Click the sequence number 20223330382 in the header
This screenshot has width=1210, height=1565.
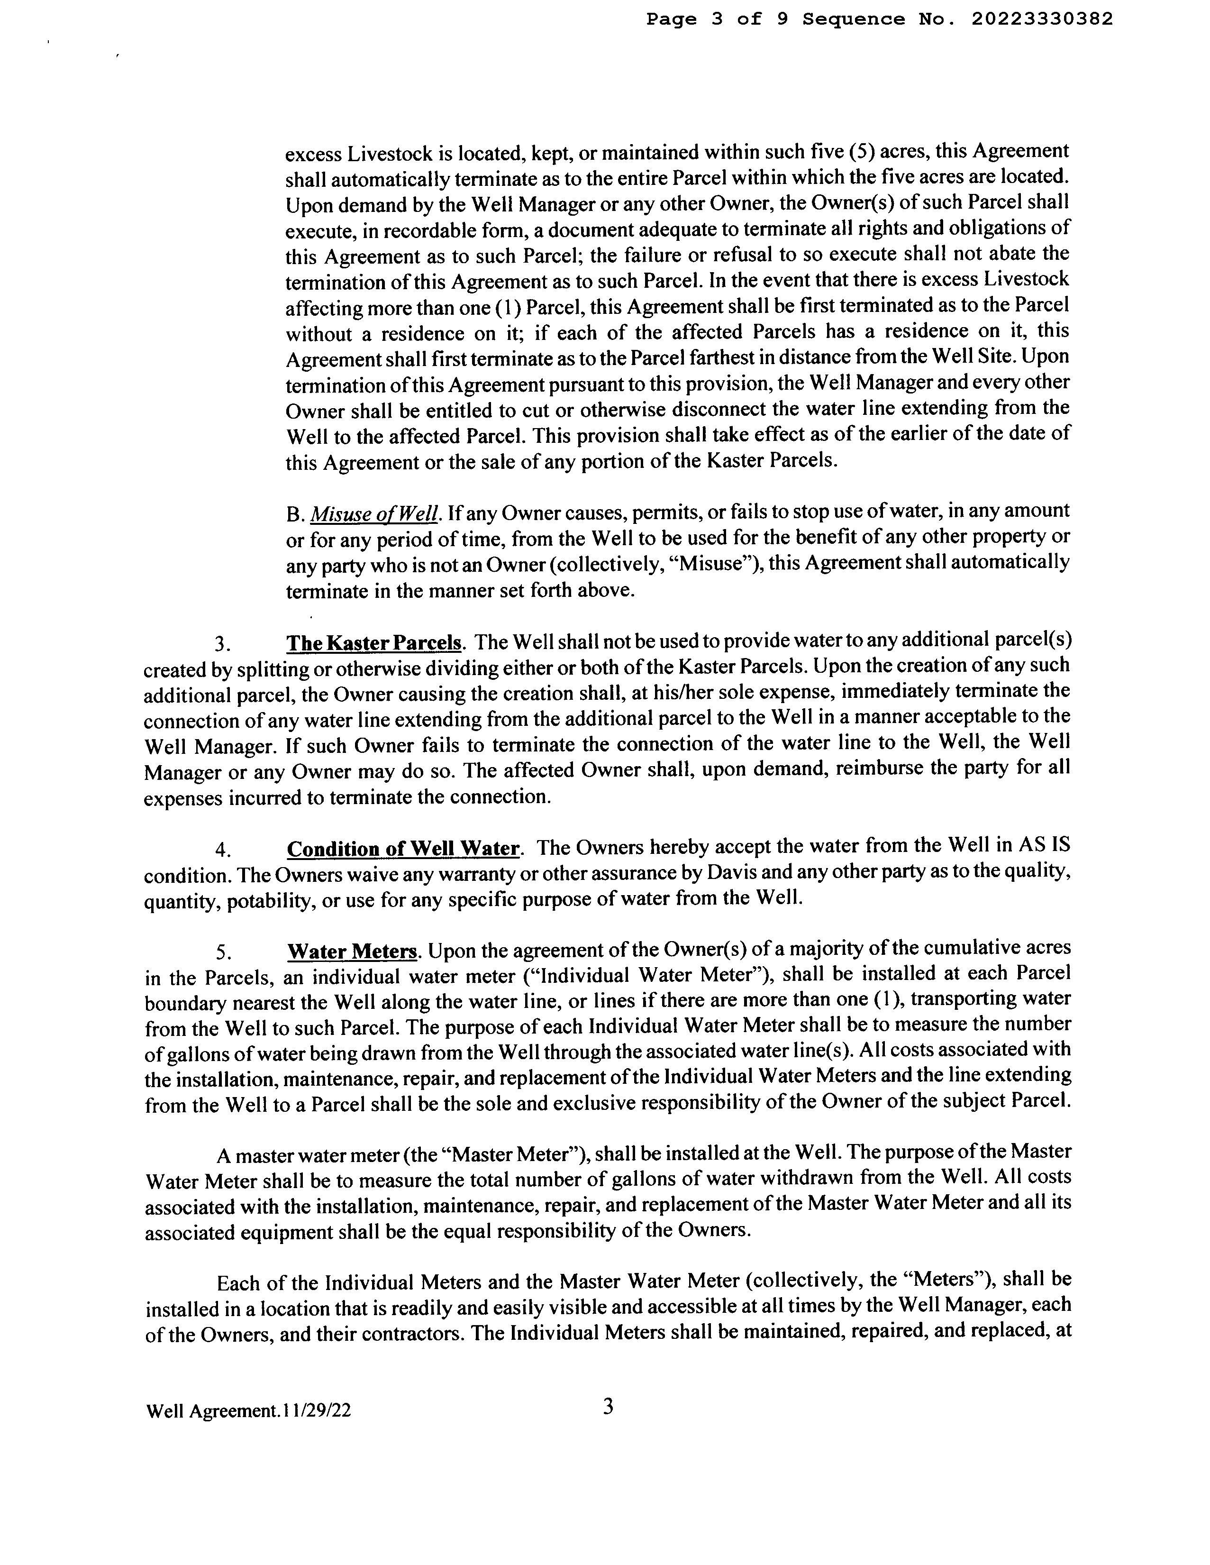coord(1042,19)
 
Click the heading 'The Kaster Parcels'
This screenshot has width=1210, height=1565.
coord(374,643)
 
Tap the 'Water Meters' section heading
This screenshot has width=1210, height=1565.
coord(352,952)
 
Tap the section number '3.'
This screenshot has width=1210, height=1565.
coord(223,644)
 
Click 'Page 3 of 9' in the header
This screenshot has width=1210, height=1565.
coord(717,19)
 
